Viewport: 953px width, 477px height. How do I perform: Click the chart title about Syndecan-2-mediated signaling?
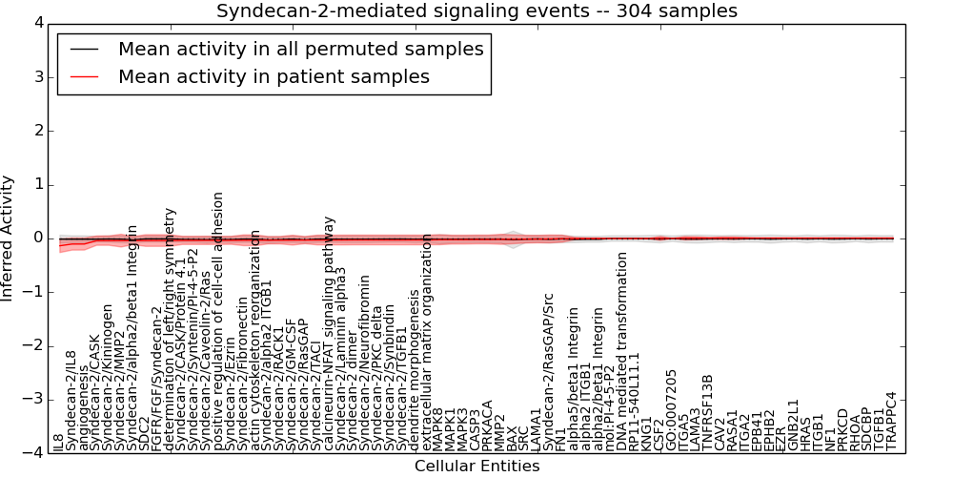(x=476, y=10)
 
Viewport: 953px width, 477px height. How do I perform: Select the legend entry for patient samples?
(x=274, y=76)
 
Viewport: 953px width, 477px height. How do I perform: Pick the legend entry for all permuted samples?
(x=300, y=49)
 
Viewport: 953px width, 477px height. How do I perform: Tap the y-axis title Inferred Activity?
(x=9, y=238)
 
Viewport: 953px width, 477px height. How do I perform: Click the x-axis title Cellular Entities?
(x=476, y=467)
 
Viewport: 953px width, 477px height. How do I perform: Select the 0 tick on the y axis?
(x=39, y=238)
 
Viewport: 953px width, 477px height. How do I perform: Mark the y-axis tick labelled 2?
(x=39, y=131)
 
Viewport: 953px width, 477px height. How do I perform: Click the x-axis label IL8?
(x=59, y=442)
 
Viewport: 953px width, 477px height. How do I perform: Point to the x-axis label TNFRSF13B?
(x=707, y=412)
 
